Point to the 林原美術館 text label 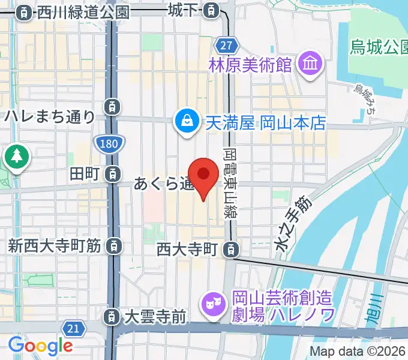(x=251, y=64)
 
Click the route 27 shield (x=226, y=46)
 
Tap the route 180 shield (x=109, y=142)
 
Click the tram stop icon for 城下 (x=211, y=10)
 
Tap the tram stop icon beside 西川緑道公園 (x=24, y=11)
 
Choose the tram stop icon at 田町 (x=112, y=174)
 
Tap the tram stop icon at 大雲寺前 (x=112, y=316)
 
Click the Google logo (x=40, y=345)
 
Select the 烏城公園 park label (x=378, y=47)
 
